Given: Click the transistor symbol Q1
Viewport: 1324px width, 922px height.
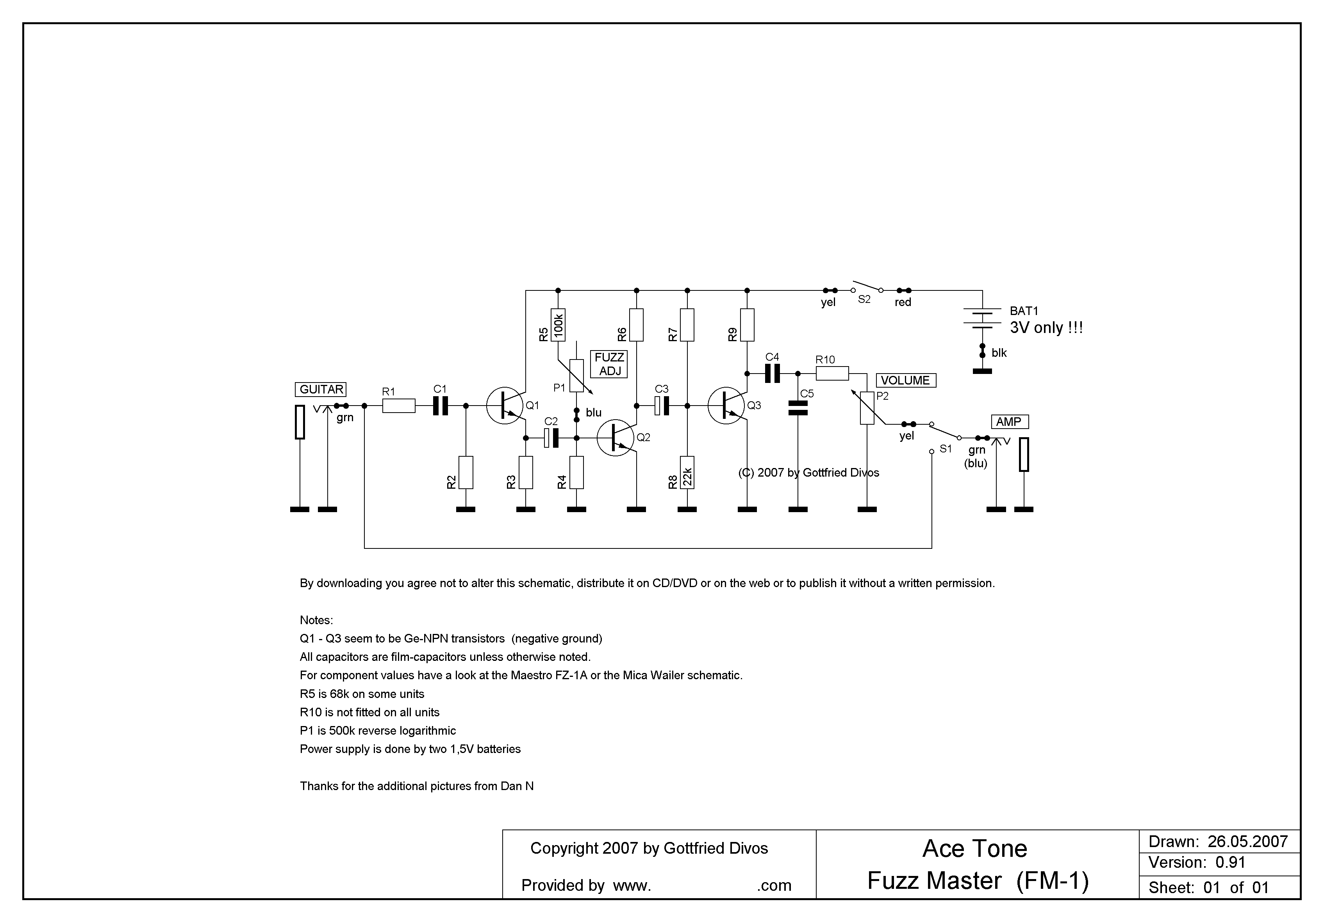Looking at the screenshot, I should (505, 406).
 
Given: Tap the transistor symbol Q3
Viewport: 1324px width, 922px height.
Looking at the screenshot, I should (726, 406).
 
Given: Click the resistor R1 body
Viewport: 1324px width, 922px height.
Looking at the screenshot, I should (398, 406).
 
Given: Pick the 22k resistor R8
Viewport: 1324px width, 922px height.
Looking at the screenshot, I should (687, 473).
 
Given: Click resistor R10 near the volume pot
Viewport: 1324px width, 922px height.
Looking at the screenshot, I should (832, 374).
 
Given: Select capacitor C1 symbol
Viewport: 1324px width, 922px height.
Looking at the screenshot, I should (440, 406).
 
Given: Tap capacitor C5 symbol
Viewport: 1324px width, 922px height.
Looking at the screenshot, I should (798, 409).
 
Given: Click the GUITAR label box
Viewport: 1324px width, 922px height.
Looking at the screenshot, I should (321, 390).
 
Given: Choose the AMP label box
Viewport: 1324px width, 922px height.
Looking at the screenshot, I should (1008, 422).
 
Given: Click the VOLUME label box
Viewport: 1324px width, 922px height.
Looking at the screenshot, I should (905, 380).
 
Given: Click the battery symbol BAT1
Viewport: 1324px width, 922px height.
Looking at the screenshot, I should (982, 318).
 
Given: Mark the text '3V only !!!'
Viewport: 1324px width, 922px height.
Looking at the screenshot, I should (1046, 328).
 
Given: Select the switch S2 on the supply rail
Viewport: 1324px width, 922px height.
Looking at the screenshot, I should (867, 288).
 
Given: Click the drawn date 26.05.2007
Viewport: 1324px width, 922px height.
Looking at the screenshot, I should (1247, 841).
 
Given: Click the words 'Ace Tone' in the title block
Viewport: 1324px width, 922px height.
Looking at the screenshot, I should (974, 848).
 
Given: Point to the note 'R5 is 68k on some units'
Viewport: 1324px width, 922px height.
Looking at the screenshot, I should (362, 694).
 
